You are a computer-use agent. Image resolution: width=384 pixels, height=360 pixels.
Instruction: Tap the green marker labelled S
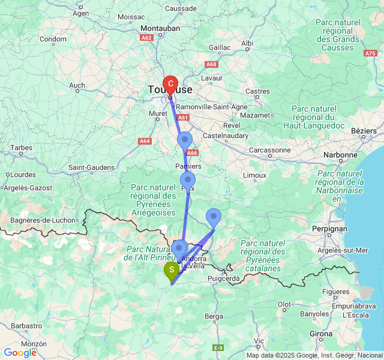tap(171, 271)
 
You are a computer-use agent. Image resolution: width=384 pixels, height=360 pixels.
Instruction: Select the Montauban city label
tap(160, 28)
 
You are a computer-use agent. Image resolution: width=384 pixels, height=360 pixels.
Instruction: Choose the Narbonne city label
tap(340, 155)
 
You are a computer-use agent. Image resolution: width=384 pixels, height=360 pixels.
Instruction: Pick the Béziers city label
tap(363, 131)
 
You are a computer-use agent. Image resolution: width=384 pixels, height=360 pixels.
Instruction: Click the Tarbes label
tap(21, 148)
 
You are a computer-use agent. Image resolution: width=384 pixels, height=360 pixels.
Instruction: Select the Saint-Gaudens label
tap(92, 167)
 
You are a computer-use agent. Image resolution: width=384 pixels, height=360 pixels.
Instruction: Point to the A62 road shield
tap(146, 37)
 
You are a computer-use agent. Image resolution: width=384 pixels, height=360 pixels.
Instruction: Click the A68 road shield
tap(211, 64)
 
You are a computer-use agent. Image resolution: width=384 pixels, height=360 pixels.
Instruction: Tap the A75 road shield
tap(370, 53)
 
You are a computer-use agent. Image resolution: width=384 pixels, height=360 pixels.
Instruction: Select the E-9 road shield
tap(218, 347)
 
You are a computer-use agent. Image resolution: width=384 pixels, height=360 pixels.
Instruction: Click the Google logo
tap(20, 353)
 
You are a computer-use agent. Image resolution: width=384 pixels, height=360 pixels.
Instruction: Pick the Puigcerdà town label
tap(223, 278)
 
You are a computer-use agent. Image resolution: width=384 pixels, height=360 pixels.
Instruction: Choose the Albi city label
tap(247, 43)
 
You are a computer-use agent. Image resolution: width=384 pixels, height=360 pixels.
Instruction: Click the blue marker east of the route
tap(214, 217)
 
